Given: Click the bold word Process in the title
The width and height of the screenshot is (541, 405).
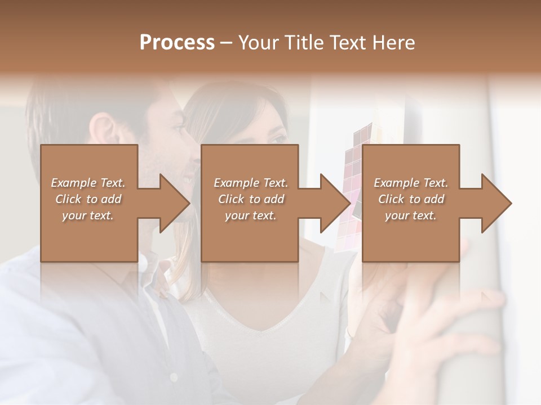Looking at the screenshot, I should click(177, 43).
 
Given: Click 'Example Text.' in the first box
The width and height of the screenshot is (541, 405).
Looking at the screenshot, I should click(88, 183).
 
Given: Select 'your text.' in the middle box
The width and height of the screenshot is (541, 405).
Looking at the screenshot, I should click(250, 215).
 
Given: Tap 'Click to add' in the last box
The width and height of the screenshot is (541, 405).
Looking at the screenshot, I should click(411, 199).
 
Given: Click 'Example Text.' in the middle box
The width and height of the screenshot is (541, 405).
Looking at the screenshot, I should click(250, 183).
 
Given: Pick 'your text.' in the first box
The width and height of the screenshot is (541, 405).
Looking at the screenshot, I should click(88, 215).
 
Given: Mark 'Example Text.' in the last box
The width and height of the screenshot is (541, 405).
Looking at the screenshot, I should click(411, 183).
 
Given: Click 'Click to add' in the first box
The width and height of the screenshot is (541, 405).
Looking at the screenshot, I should click(88, 199).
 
